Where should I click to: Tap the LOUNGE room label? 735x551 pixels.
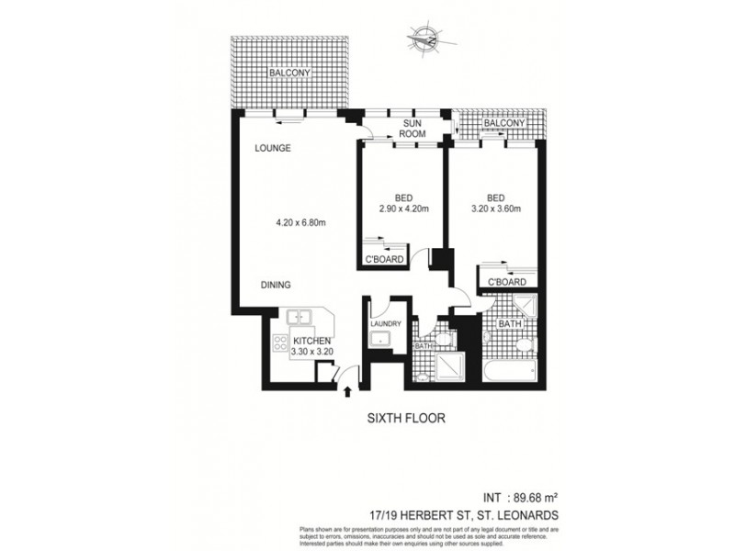274,148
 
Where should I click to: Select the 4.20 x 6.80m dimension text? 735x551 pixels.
302,221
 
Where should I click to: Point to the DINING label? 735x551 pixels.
277,286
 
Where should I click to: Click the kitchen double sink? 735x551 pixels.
299,318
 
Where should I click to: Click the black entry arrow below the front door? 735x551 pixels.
347,393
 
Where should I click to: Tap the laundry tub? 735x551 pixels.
379,342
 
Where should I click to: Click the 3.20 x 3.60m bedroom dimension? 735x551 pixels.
497,209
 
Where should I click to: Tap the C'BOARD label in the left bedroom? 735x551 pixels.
385,260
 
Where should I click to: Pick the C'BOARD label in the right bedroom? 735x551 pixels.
506,282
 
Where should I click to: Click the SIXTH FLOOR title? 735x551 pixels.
406,419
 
